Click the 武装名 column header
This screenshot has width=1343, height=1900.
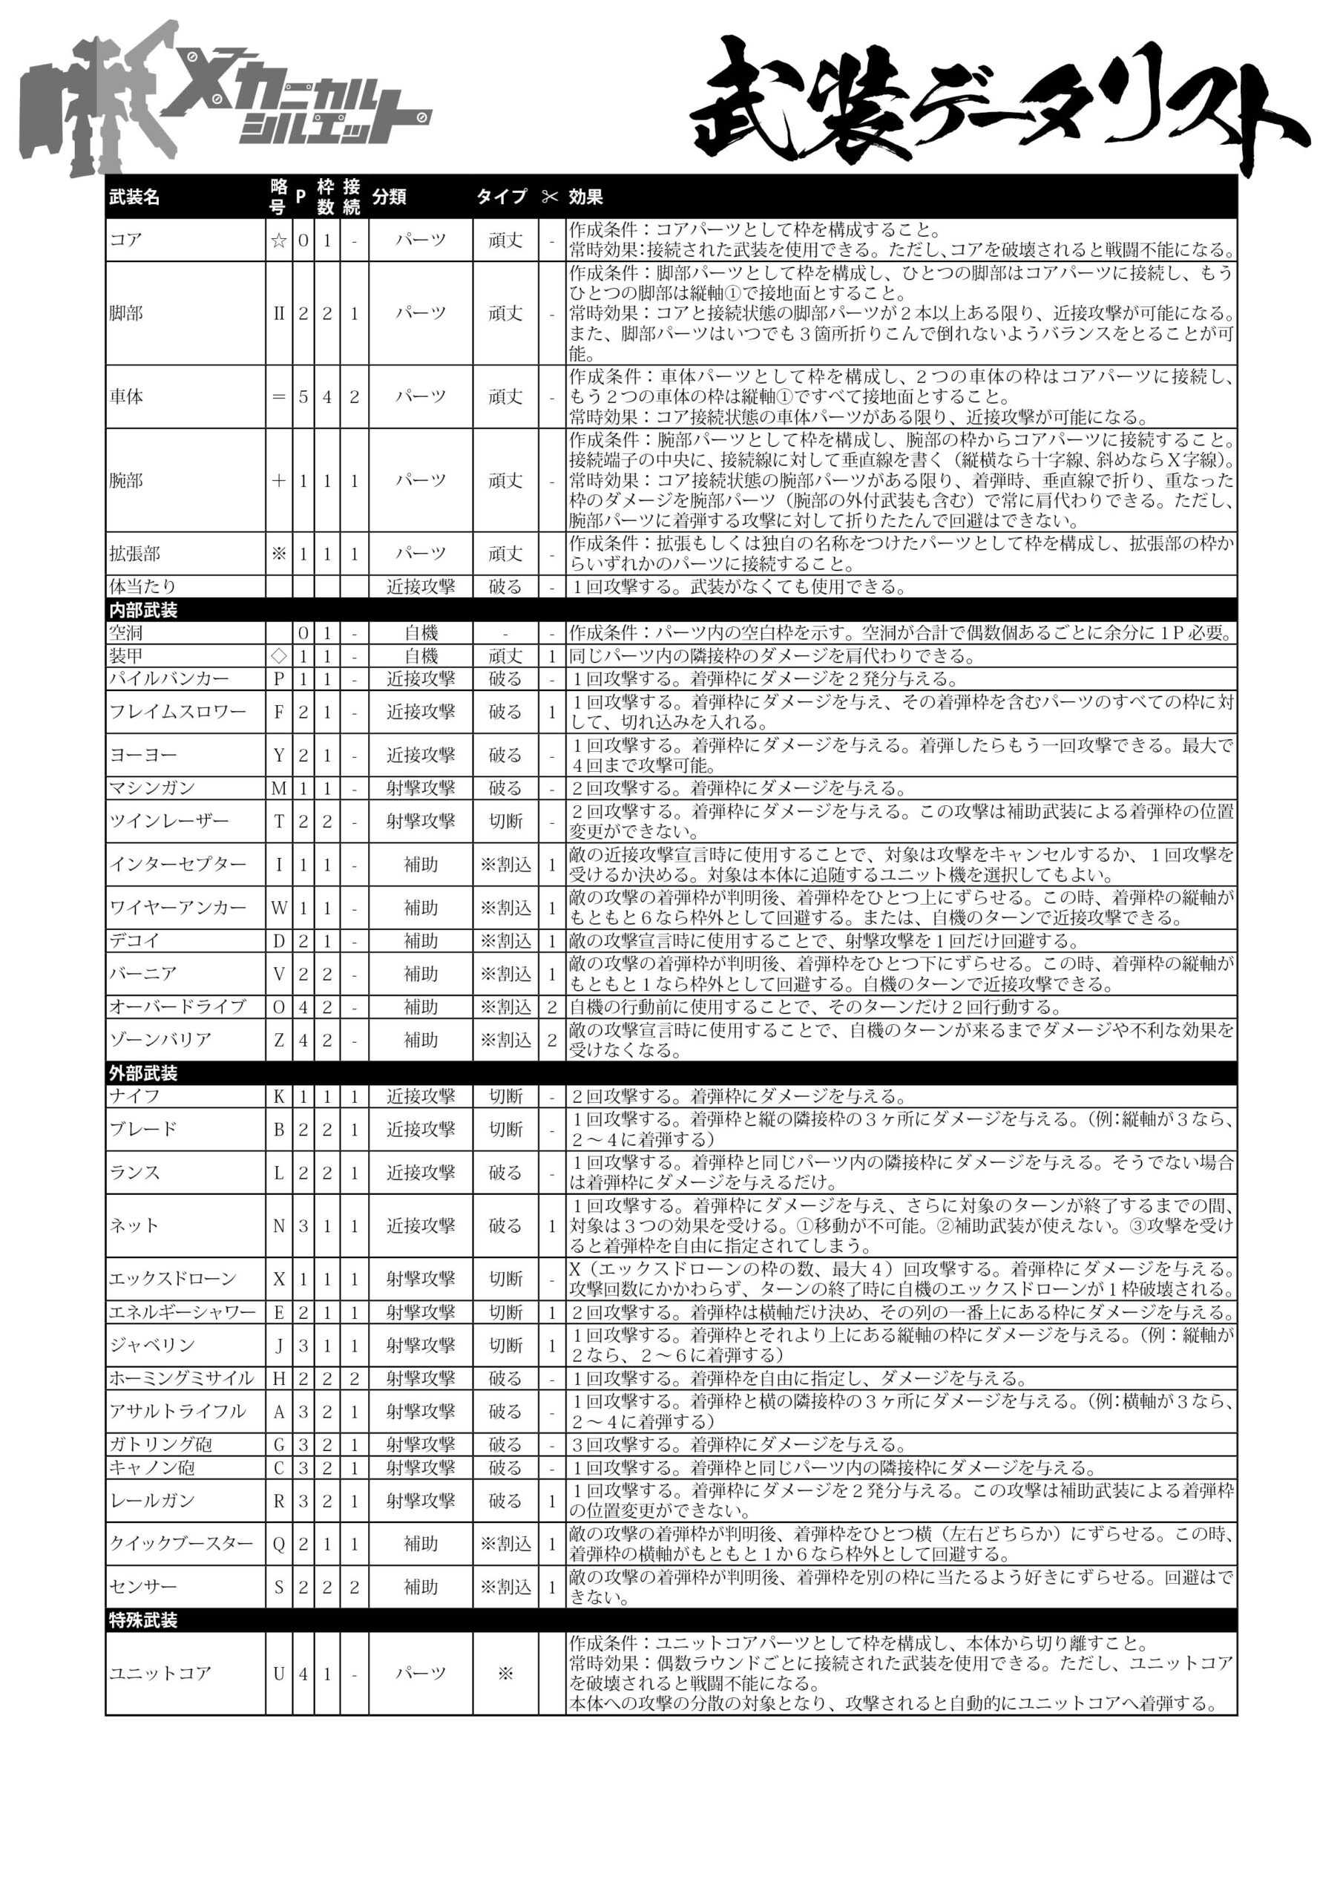(x=134, y=197)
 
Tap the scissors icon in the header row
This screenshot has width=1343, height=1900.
(x=551, y=197)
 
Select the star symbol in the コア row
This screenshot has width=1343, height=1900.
(x=279, y=240)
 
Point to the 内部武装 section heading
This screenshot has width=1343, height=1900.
(x=143, y=610)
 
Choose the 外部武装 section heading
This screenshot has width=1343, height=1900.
(x=143, y=1073)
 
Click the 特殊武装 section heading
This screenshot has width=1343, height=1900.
(x=143, y=1619)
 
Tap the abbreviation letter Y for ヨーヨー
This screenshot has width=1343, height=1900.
(x=279, y=755)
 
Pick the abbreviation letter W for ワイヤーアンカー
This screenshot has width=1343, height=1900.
(x=279, y=908)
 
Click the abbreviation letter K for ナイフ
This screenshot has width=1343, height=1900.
(x=279, y=1096)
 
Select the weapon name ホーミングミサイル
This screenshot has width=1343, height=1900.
(x=182, y=1377)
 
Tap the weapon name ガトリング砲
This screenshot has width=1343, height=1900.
(x=160, y=1444)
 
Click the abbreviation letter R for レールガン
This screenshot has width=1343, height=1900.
(x=279, y=1500)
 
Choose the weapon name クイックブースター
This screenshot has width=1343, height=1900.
(x=182, y=1543)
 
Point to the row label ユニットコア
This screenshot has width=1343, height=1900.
(x=160, y=1673)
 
